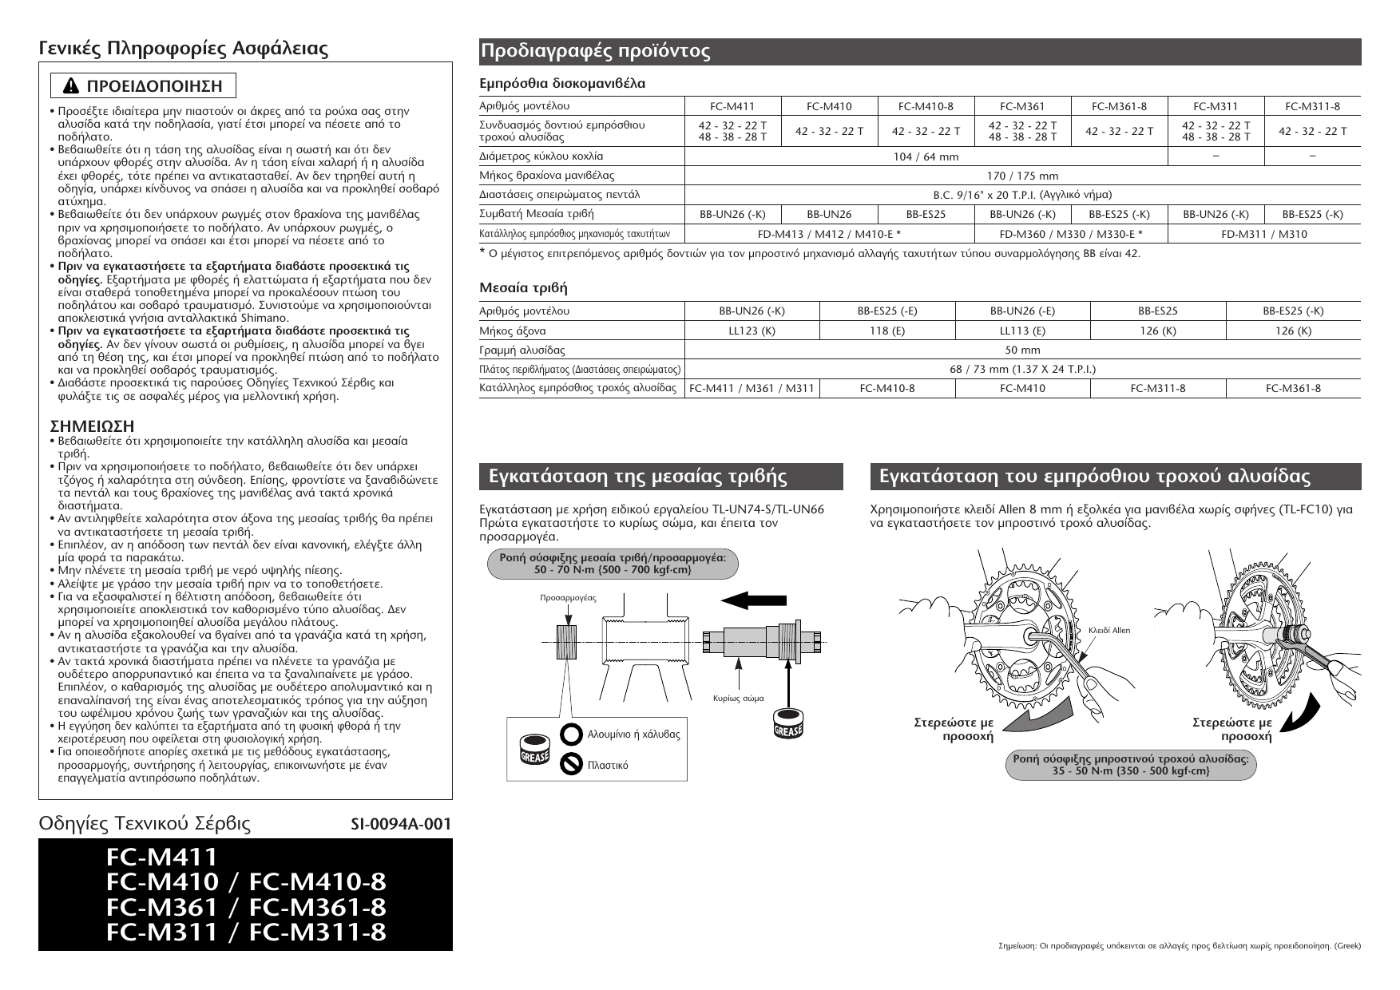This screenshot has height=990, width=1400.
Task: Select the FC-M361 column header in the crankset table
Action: click(1022, 106)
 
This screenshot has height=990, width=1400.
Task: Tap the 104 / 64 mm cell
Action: click(926, 156)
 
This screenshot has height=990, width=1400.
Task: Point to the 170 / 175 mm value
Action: click(1022, 176)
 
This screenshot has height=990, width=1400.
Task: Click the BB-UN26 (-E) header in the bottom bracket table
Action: click(1022, 311)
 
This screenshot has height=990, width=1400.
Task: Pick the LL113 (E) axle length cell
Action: click(1022, 331)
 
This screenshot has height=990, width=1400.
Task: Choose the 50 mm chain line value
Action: click(1022, 350)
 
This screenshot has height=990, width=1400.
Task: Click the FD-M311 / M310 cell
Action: click(1263, 234)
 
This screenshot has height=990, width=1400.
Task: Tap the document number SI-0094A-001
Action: click(401, 825)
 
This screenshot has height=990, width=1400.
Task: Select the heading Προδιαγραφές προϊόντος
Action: click(595, 52)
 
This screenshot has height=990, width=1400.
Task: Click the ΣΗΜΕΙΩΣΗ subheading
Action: click(86, 426)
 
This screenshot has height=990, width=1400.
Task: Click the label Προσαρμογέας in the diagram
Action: click(569, 597)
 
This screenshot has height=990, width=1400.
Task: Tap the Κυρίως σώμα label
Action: click(738, 698)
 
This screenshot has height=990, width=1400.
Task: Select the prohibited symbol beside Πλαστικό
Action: click(571, 765)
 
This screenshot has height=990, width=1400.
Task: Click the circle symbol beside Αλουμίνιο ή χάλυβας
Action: click(571, 734)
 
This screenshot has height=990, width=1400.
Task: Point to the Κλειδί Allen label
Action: click(1109, 631)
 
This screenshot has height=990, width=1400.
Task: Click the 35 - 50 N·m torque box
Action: click(1130, 765)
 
